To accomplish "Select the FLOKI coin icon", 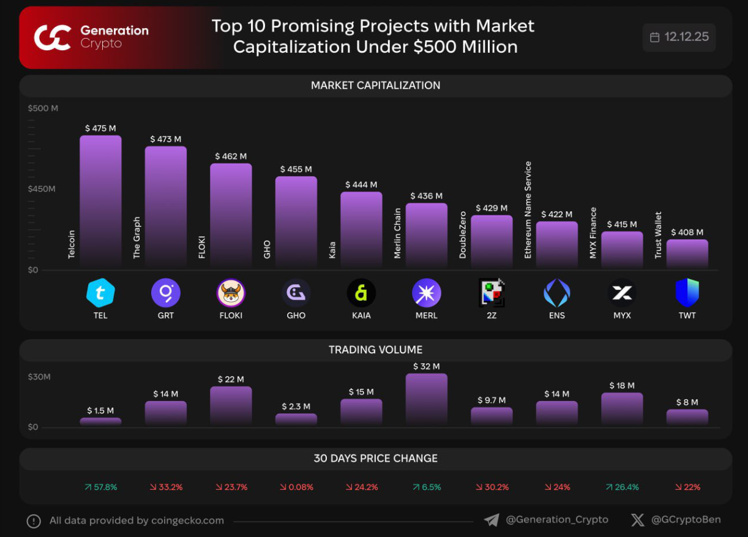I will coord(231,293).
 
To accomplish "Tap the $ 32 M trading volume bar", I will coord(426,400).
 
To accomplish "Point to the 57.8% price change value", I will coord(101,487).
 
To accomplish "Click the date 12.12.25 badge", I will coord(679,37).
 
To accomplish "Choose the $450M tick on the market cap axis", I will coord(42,189).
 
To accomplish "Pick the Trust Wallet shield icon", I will coord(687,293).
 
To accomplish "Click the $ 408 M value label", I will coord(687,233).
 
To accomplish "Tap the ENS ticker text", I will coord(556,315).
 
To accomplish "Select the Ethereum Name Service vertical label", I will coord(528,210).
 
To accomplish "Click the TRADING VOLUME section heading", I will coord(375,350).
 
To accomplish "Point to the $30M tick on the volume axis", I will coord(39,377).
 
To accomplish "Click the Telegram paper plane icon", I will coord(491,520).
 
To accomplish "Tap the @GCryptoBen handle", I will coord(686,520).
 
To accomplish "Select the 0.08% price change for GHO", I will coord(296,487).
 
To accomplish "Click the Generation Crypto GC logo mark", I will coord(53,37).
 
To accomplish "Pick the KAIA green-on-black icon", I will coord(361,293).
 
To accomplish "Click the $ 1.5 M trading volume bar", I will coord(100,421).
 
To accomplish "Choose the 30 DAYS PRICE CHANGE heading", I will coord(375,459).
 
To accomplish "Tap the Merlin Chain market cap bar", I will coord(426,236).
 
